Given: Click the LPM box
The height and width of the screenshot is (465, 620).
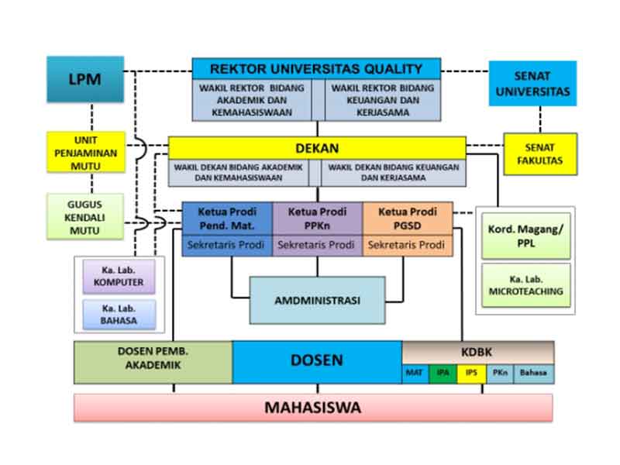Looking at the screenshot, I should point(85,79).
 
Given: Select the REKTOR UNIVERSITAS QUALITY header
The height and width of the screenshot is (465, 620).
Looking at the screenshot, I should point(316,68).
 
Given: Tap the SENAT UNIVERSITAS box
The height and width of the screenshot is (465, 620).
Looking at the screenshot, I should point(532,84).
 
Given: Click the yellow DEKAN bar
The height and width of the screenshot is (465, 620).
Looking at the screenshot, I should point(317,148).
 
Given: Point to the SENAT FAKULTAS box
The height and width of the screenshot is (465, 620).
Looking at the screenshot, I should point(540,153).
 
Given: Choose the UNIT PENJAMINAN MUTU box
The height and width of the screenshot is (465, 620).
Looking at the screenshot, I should point(85,153).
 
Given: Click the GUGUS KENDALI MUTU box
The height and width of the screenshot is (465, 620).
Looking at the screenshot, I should point(85,215).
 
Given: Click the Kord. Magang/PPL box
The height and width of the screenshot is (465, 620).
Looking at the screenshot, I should point(525,236).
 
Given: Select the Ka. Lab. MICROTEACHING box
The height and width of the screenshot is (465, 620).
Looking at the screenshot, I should point(525,284).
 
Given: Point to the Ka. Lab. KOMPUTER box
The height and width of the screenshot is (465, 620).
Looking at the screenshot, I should point(119,277).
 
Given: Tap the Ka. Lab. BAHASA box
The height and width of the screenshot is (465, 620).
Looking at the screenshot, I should point(119,314).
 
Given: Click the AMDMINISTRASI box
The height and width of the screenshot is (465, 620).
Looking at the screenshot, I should point(317,300).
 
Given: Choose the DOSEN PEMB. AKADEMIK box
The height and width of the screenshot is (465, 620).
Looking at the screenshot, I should point(153,362).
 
